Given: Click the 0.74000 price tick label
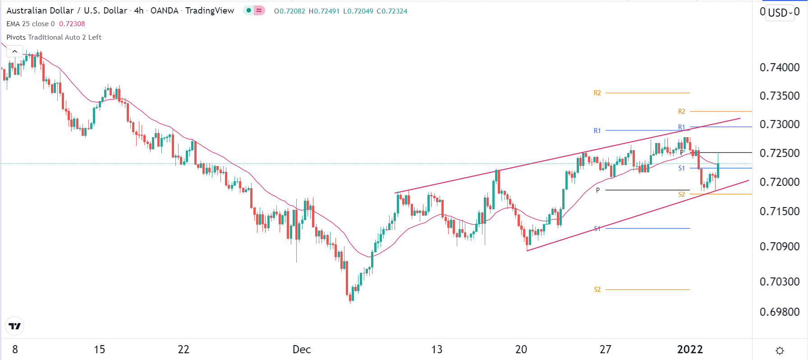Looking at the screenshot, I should click(x=779, y=68).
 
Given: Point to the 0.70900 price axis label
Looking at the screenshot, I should click(x=779, y=247).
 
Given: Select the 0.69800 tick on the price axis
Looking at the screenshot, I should click(x=779, y=312).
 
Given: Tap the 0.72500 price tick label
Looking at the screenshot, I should click(x=779, y=153).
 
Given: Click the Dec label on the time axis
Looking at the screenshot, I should click(x=302, y=350).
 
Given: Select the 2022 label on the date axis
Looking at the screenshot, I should click(x=690, y=350).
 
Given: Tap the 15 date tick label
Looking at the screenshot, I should click(x=99, y=350).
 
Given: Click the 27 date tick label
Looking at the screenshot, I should click(x=605, y=350).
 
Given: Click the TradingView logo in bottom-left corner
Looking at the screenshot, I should click(x=14, y=326).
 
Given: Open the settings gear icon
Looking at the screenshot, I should click(x=780, y=351).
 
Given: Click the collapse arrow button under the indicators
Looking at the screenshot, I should click(x=14, y=51).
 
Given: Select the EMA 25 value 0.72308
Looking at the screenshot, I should click(x=72, y=24).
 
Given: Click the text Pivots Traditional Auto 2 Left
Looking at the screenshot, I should click(x=54, y=37).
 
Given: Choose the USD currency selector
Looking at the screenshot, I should click(x=780, y=13).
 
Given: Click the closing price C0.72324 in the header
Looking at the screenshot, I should click(x=392, y=11).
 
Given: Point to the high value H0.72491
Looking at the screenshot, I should click(x=324, y=11).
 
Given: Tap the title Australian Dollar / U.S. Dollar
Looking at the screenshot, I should click(x=67, y=10).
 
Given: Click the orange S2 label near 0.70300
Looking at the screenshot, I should click(x=597, y=290).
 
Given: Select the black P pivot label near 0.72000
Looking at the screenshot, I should click(x=598, y=190).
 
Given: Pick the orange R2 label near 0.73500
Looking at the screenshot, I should click(x=597, y=93).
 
